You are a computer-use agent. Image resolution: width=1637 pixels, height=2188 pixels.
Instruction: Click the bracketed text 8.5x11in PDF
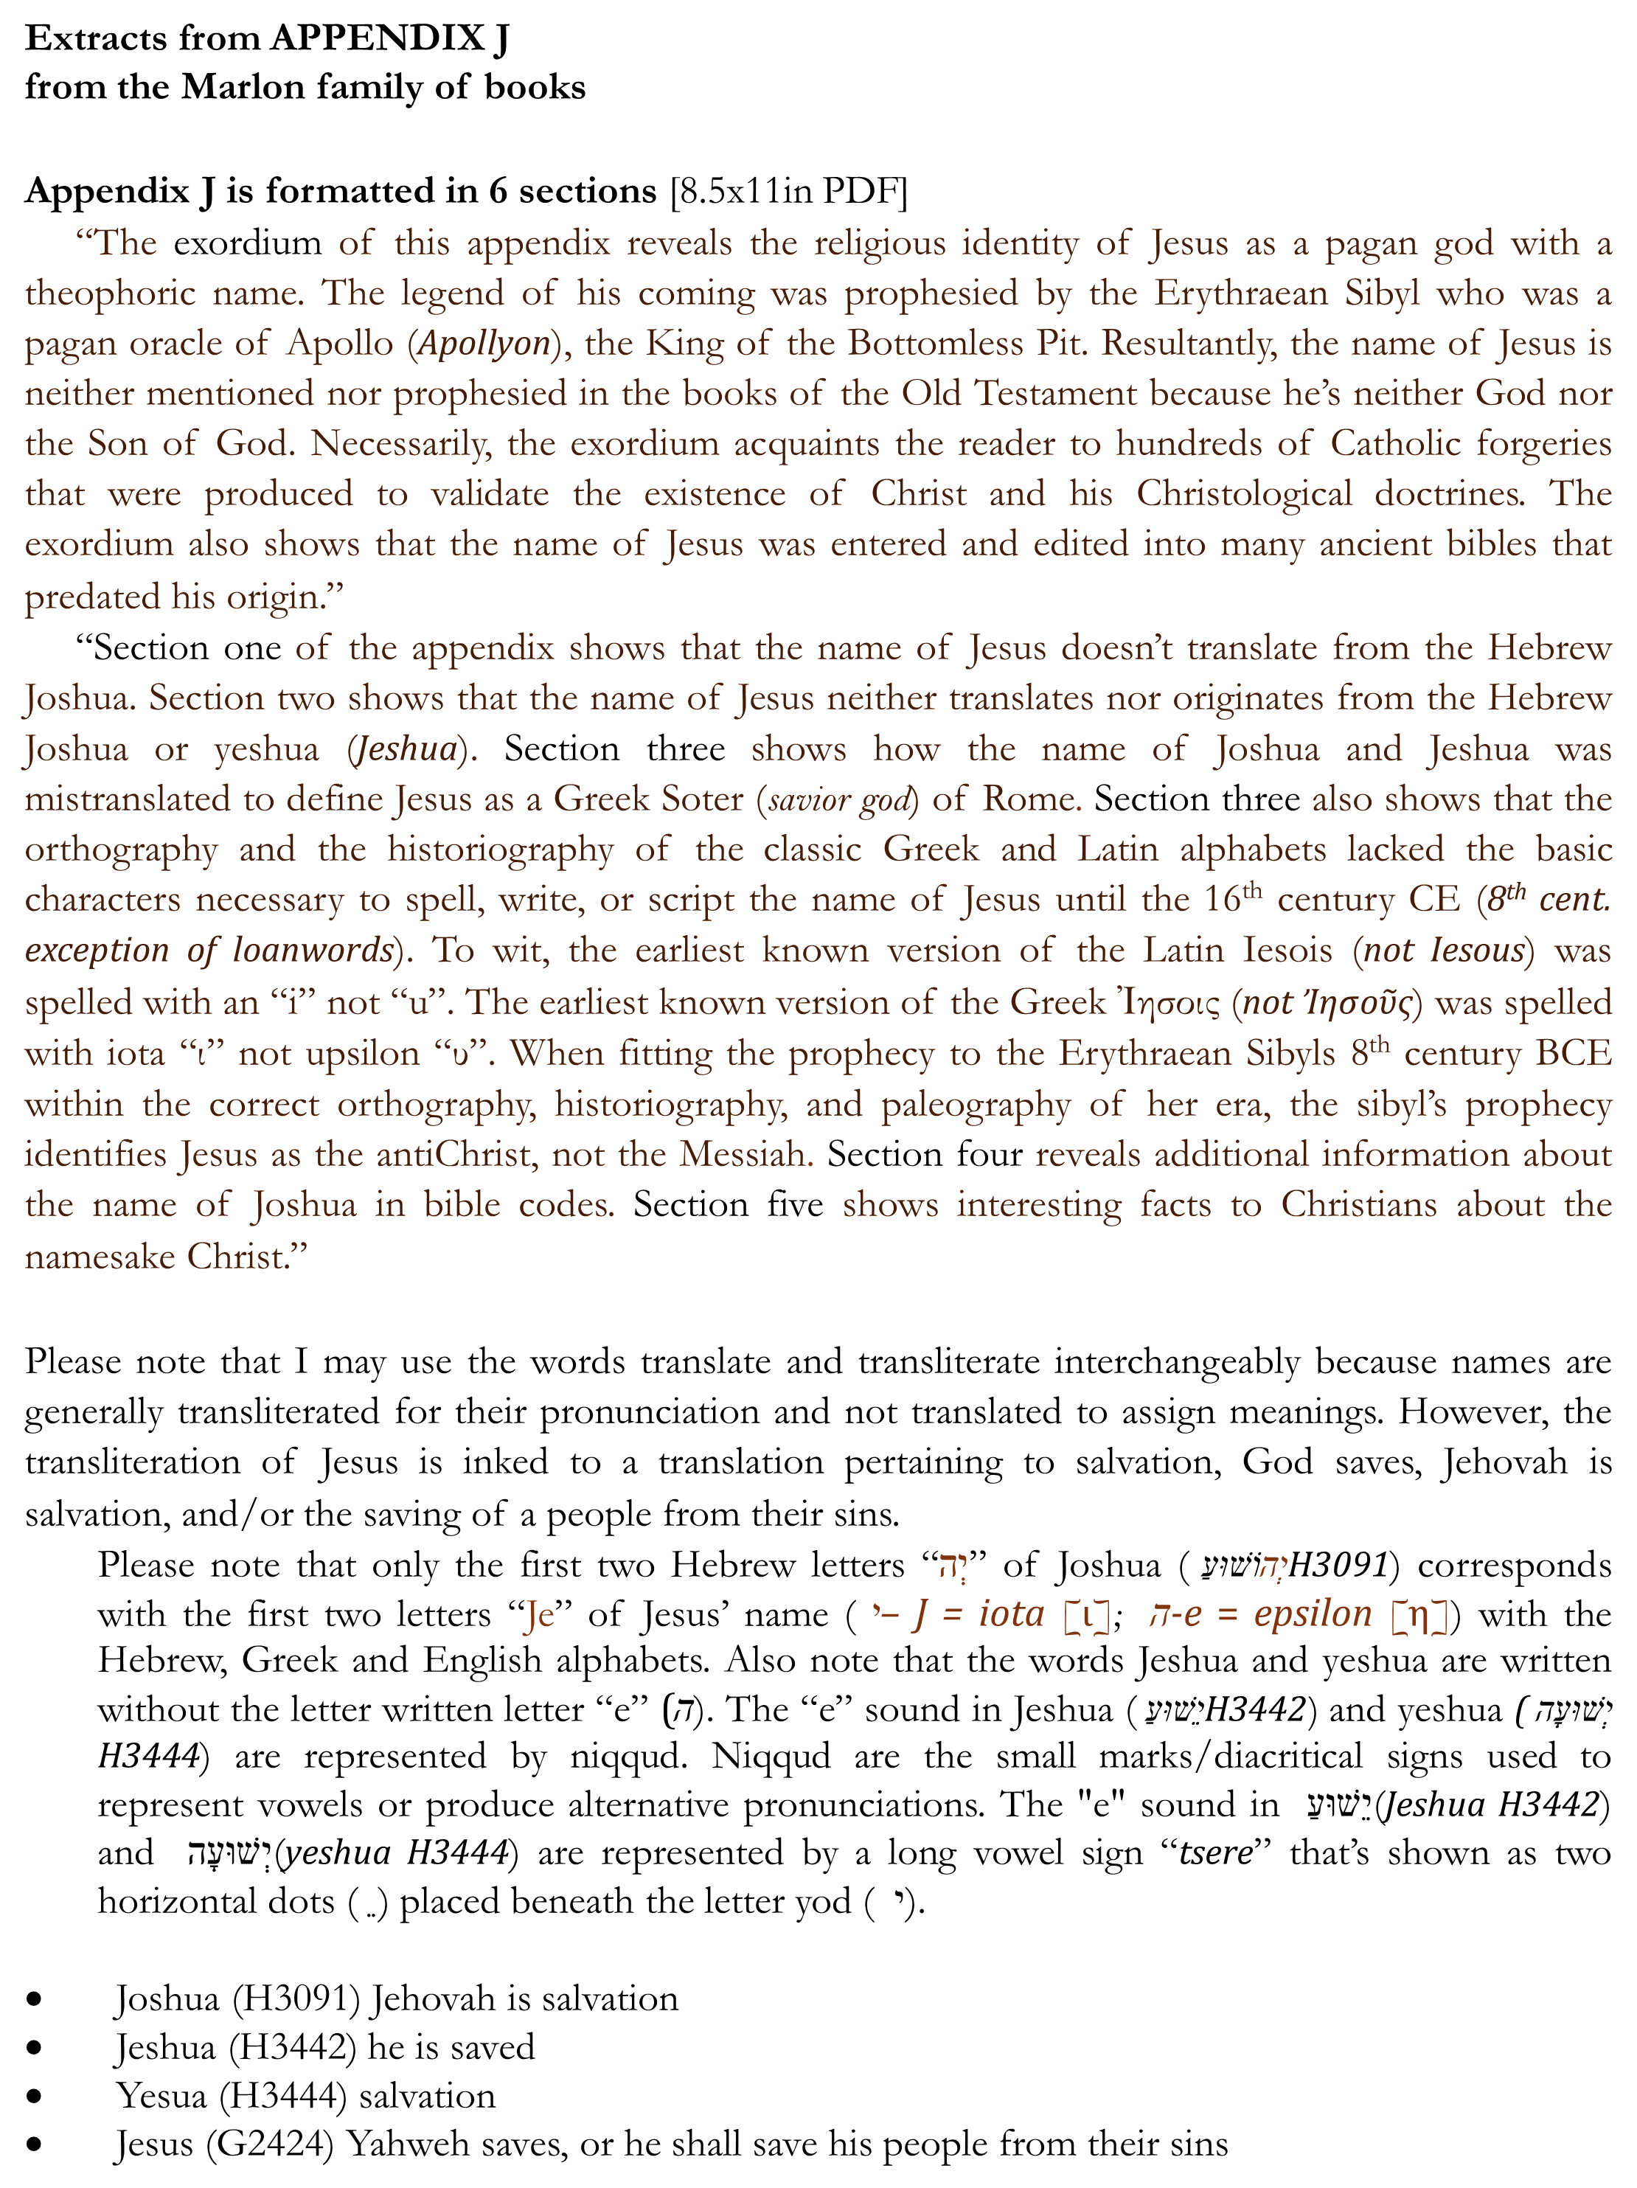[788, 190]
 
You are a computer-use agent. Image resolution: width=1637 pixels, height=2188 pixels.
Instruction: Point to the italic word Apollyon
[484, 343]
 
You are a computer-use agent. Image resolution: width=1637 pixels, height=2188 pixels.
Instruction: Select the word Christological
[1243, 493]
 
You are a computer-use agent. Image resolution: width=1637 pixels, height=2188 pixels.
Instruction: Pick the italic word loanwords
[313, 950]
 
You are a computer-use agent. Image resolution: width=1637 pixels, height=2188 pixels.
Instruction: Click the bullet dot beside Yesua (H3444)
[35, 2096]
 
